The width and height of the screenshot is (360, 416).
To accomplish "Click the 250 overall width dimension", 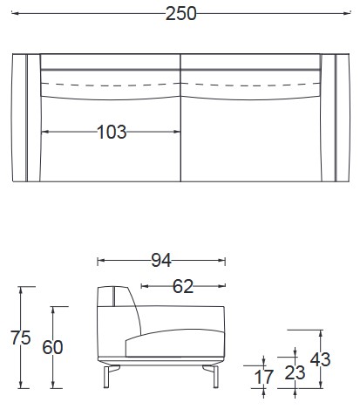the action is point(181,14).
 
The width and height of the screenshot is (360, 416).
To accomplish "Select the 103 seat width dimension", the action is point(112,132).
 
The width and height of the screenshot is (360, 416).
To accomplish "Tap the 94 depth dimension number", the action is point(161,260).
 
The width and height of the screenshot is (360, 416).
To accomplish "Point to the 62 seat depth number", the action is point(183,286).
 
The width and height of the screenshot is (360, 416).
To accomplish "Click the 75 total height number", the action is point(21,338).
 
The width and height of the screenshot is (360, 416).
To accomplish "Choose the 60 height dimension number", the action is point(52,347).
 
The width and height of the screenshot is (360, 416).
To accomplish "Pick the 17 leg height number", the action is point(264,377).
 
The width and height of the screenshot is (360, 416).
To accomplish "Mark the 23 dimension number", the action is point(295,372).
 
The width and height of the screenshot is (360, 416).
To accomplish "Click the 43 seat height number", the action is point(321,359).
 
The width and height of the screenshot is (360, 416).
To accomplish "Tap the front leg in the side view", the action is point(215,377).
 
